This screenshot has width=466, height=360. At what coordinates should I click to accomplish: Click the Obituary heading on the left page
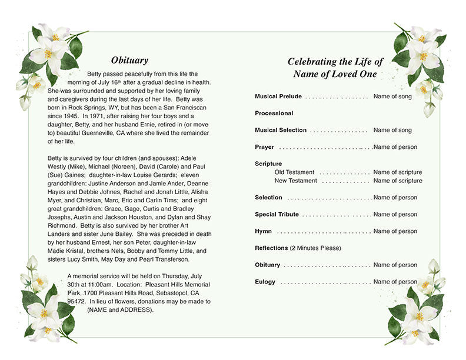coord(129,60)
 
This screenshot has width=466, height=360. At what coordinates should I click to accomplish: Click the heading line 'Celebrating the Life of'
coord(335,62)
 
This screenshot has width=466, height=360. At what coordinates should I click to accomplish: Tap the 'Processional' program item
coord(274,113)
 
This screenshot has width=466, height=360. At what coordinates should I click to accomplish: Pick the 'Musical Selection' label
coord(281,130)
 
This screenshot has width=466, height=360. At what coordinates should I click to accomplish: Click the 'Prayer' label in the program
coord(264,147)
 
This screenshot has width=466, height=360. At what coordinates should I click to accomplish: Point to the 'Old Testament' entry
coord(294,172)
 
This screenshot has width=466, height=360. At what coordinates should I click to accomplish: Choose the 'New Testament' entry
coord(295,181)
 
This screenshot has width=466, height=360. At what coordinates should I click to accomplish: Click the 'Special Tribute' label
coord(277,215)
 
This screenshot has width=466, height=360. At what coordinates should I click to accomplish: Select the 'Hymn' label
coord(263,231)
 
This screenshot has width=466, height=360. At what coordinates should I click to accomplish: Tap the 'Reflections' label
coord(271,248)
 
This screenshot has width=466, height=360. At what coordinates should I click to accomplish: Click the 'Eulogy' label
coord(265,282)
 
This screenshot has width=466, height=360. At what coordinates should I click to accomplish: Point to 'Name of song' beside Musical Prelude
coord(392,96)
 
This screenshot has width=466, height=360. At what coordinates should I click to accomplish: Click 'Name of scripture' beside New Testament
coord(398,181)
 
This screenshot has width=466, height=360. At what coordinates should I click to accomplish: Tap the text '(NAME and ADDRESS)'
coord(120,309)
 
